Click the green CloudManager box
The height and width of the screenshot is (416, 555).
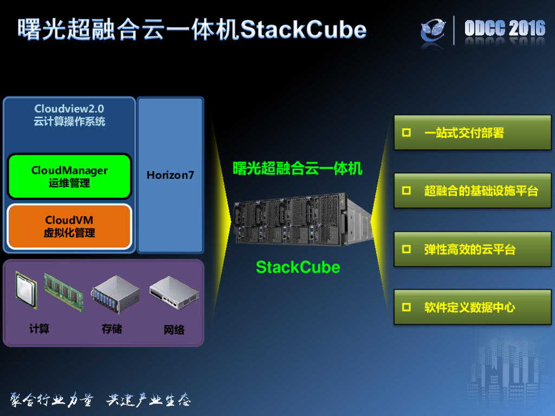(x=69, y=177)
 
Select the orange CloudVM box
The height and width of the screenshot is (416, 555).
(x=69, y=226)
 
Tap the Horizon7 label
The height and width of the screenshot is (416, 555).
(x=170, y=175)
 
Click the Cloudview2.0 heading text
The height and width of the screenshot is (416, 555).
(x=69, y=109)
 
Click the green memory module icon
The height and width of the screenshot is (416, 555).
(x=63, y=293)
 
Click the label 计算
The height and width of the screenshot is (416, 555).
(x=39, y=329)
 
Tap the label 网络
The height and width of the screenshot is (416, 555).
(x=174, y=330)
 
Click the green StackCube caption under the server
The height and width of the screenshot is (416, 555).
(x=298, y=267)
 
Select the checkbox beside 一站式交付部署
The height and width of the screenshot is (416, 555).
(x=406, y=133)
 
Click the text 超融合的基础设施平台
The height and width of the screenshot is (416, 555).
(x=481, y=191)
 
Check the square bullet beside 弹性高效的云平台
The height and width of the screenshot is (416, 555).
(x=406, y=249)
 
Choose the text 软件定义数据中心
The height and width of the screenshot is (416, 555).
(x=469, y=308)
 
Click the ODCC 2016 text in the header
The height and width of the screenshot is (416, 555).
(x=505, y=28)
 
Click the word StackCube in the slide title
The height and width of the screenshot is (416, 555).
(x=303, y=29)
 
